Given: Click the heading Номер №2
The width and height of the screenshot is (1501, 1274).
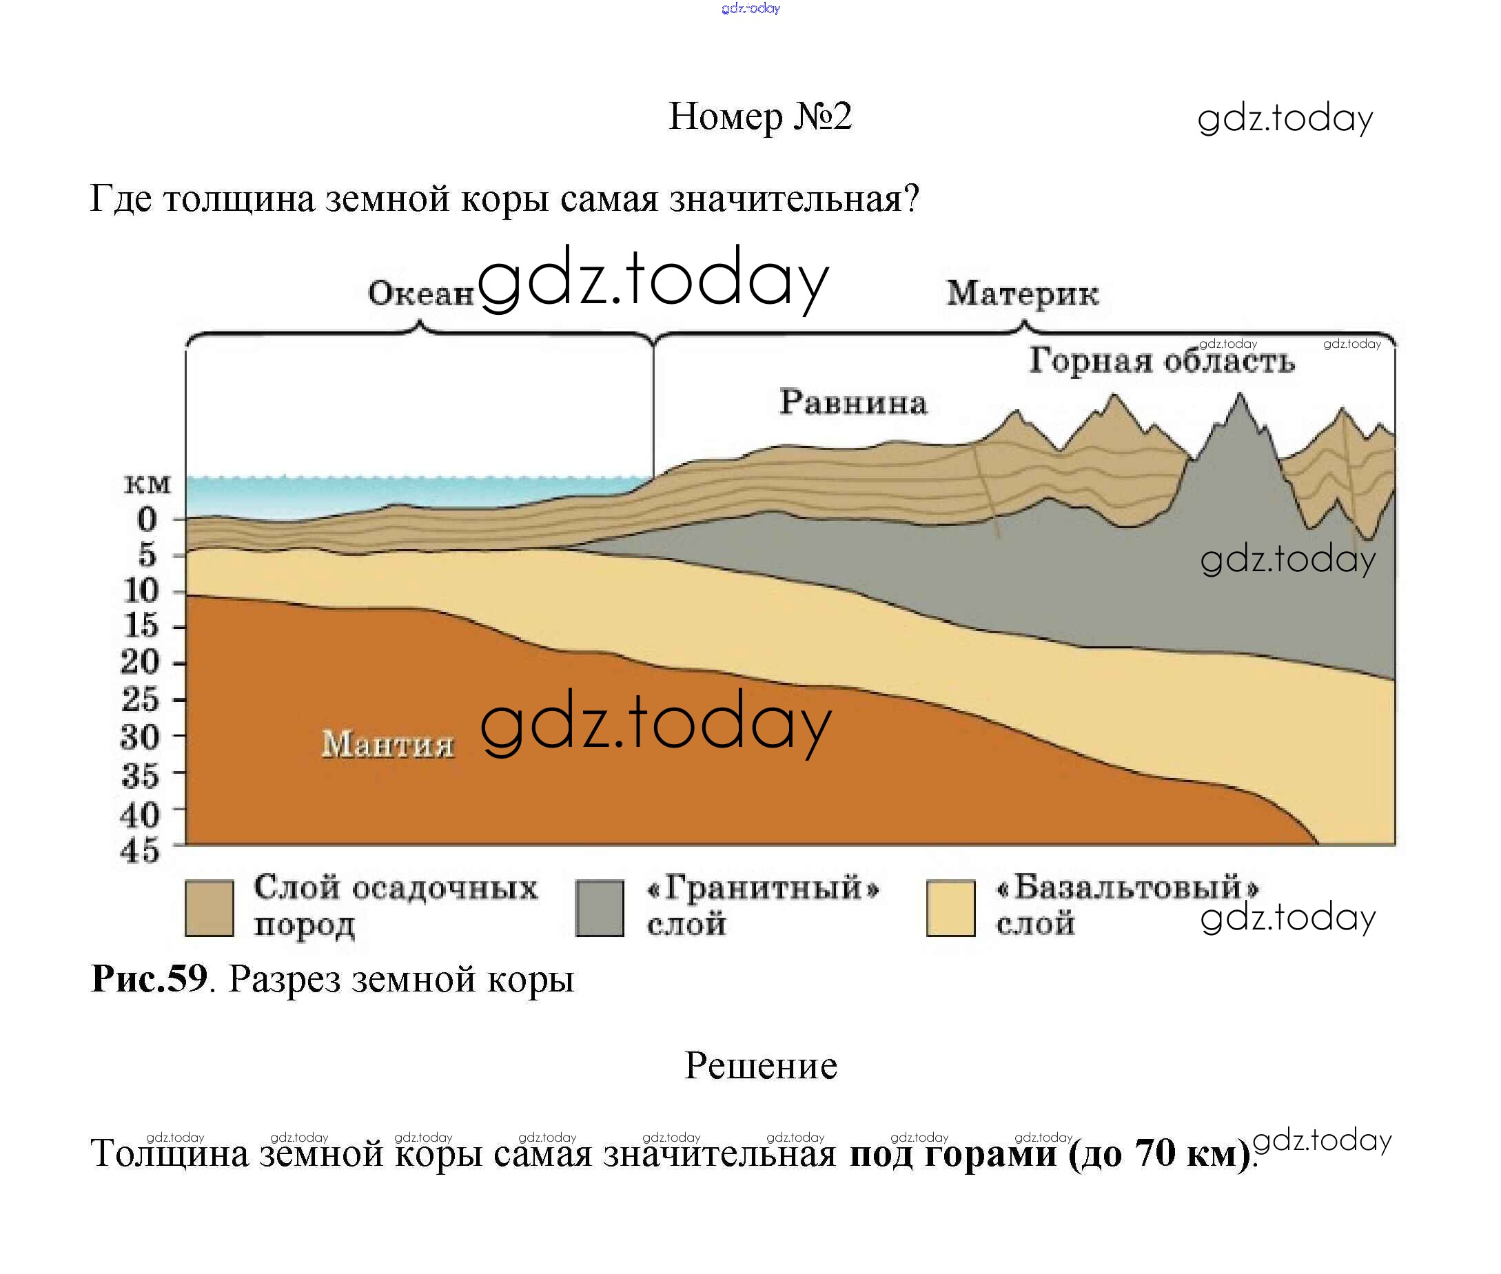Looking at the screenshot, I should [760, 116].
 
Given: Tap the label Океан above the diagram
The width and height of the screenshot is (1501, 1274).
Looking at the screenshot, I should [420, 294].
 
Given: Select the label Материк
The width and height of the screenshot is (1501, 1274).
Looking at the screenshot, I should [1023, 294].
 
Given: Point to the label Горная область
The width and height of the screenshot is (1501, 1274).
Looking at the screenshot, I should [1161, 360].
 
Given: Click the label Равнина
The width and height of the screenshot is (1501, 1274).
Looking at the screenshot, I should [853, 402].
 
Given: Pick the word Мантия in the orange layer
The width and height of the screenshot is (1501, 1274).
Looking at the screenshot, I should [388, 744].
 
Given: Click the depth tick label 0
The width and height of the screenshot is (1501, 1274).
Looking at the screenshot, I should [147, 520].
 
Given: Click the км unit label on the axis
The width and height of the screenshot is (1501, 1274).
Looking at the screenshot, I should [147, 484].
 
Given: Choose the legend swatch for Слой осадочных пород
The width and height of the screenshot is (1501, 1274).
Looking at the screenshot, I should [210, 908].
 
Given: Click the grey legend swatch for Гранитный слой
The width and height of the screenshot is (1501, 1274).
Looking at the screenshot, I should [600, 908].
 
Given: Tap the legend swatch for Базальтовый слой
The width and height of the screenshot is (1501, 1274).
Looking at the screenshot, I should [950, 908].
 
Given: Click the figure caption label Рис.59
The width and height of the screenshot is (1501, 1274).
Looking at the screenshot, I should [149, 978].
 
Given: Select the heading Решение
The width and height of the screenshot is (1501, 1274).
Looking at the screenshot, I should [761, 1065].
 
